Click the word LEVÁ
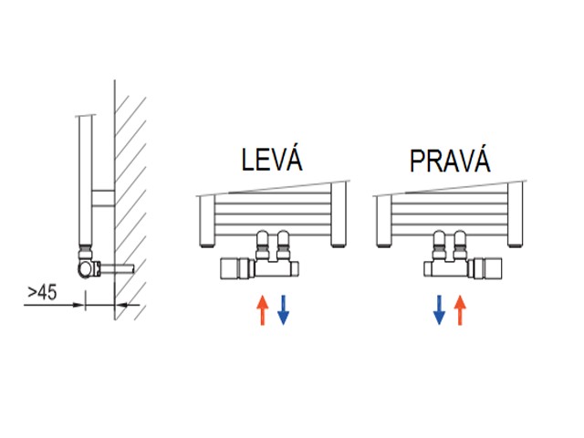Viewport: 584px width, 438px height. click(271, 161)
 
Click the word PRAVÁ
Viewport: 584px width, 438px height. click(450, 162)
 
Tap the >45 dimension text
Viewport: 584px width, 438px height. click(41, 292)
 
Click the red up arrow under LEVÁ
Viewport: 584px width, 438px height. click(263, 310)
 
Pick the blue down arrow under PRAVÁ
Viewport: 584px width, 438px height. click(439, 310)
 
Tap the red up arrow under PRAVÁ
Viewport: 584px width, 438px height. click(459, 310)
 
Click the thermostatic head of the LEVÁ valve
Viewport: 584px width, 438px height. click(235, 268)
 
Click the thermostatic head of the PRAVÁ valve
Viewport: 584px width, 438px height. click(486, 268)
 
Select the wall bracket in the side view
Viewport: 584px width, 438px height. click(104, 196)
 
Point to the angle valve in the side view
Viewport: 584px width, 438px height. click(88, 266)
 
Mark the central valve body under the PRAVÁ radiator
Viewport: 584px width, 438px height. click(449, 267)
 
